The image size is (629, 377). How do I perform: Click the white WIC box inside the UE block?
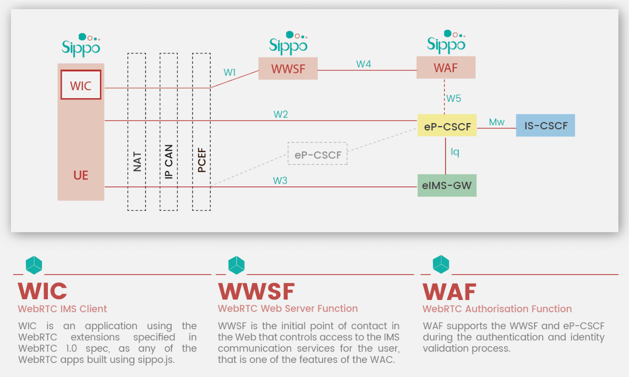81,85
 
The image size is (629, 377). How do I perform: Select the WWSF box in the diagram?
288,69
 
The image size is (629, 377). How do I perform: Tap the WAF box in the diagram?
446,68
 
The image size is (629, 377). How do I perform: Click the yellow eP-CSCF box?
447,126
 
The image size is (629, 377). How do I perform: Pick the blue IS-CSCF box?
545,126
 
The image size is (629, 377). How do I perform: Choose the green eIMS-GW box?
447,185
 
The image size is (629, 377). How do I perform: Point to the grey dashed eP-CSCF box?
318,154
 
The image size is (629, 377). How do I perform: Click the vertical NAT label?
137,162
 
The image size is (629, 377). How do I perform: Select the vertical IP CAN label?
169,162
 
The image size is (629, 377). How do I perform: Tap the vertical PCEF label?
201,160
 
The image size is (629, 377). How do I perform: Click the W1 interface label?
229,72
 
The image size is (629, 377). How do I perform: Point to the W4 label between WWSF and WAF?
363,64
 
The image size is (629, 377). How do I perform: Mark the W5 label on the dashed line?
454,98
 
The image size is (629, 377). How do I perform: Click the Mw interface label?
496,122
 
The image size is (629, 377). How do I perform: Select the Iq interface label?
455,152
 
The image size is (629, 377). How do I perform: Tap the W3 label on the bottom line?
280,181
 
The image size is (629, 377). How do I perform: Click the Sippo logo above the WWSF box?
288,43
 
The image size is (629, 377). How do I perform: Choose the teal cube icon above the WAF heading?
441,264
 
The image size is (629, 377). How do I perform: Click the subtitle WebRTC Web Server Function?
288,308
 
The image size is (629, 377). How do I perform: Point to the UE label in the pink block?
81,175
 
